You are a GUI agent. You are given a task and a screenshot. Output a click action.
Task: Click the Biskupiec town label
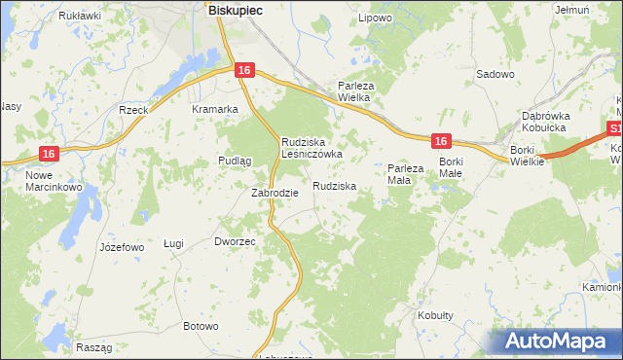[x=235, y=9]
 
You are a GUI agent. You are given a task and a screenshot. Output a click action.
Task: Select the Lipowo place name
[x=375, y=18]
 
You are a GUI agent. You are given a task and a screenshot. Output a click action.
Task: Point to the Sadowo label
[x=495, y=74]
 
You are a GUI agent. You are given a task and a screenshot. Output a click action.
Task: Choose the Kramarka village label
[x=215, y=109]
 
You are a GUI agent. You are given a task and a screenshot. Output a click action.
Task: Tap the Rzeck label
[x=132, y=110]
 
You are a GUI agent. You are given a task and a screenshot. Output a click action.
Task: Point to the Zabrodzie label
[x=275, y=193]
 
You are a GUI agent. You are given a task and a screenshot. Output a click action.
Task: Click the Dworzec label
[x=235, y=241]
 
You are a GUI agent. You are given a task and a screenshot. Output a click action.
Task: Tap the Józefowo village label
[x=122, y=247]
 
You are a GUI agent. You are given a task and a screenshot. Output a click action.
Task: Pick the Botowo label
[x=201, y=326]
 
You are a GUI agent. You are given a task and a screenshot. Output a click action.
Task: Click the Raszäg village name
[x=92, y=347]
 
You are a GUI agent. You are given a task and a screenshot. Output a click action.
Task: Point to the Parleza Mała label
[x=406, y=174]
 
